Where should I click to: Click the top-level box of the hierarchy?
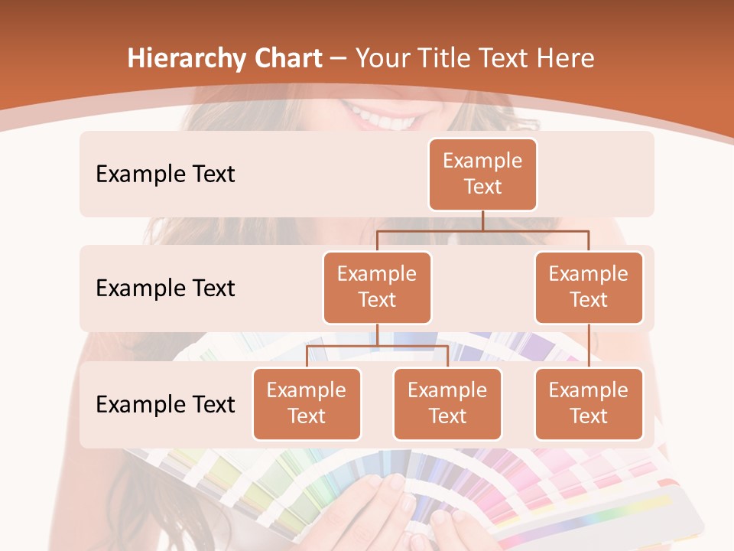[x=482, y=174]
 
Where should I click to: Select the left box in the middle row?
[x=377, y=287]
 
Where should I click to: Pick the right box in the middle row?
[x=589, y=287]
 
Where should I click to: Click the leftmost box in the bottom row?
[x=307, y=403]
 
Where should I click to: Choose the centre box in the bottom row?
[x=447, y=403]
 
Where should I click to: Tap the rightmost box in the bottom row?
[x=589, y=403]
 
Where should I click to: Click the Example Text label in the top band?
[x=165, y=174]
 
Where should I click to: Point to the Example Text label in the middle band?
[x=165, y=288]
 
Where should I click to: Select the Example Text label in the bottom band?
[x=165, y=404]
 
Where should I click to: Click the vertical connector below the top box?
[x=482, y=220]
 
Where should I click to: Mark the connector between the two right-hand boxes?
[x=589, y=346]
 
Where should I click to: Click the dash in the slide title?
[x=339, y=59]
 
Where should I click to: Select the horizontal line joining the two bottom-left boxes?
[x=377, y=346]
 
